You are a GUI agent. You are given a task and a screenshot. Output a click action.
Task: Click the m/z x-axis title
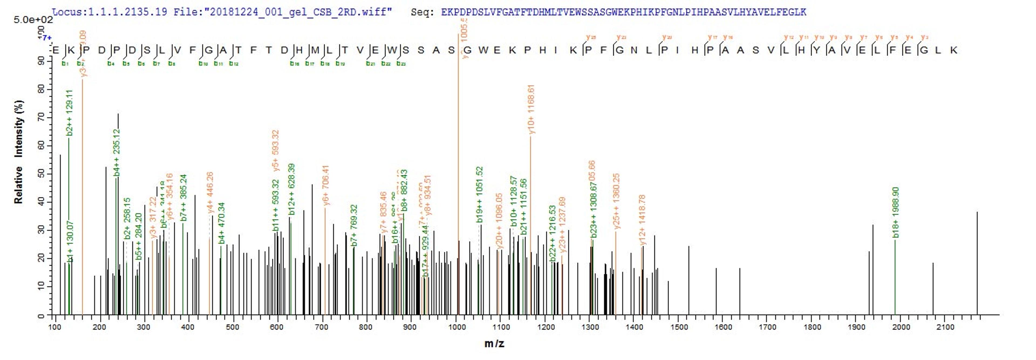click(494, 344)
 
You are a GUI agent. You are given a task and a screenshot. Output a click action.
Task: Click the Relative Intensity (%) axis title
click(19, 152)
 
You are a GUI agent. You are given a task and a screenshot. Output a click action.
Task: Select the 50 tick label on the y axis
click(41, 174)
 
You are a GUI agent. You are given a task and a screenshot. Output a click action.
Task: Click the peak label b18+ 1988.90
click(895, 212)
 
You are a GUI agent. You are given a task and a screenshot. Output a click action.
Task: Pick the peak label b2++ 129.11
click(70, 113)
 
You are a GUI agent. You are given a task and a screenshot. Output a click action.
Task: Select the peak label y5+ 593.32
click(275, 150)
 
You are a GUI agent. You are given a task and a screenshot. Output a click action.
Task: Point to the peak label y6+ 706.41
click(326, 185)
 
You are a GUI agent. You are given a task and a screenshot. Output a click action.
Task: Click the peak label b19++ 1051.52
click(479, 195)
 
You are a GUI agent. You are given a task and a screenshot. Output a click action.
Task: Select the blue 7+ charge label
click(47, 38)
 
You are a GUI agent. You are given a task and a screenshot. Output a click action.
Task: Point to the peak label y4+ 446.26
click(210, 193)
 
